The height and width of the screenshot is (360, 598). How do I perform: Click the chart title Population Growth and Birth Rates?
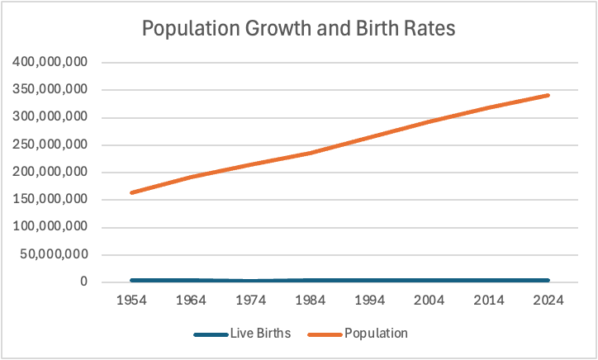299,28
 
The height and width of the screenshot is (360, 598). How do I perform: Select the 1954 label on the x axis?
132,301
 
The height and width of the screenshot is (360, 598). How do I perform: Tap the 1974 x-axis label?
251,301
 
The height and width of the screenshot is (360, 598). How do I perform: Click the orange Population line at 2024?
548,95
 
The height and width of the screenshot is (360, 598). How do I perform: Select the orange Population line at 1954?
132,192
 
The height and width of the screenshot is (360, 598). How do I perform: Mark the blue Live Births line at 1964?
192,281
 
